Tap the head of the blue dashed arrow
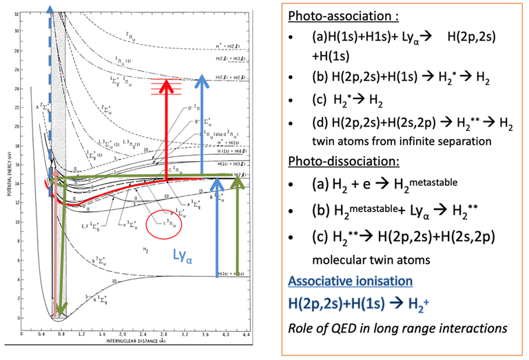coord(50,8)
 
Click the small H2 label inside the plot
coord(146,250)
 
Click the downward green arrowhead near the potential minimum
coord(62,310)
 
